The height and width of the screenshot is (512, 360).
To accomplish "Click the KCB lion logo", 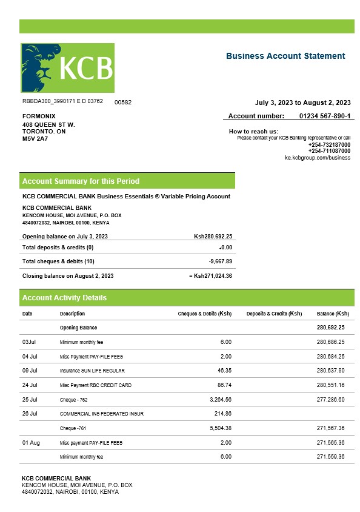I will [x=67, y=68].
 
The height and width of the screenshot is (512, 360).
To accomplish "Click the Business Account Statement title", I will [x=285, y=56].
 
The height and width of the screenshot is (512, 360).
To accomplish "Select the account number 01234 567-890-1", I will [x=325, y=116].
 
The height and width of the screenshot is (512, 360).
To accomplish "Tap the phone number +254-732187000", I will [x=329, y=145].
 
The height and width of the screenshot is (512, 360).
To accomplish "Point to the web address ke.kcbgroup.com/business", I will [x=318, y=158].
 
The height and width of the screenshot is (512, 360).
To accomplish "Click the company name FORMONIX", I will [x=39, y=116].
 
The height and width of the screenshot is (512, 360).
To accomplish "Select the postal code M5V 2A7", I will [x=35, y=139].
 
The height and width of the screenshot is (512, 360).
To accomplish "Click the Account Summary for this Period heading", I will [x=81, y=181].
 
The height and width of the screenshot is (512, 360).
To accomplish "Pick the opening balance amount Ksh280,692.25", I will [x=213, y=237].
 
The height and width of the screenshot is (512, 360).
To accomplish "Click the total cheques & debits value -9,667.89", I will [x=220, y=261].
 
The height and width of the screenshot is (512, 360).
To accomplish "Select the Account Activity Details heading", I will [x=64, y=298].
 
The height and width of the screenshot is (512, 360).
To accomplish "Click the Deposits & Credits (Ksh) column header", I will [x=274, y=314].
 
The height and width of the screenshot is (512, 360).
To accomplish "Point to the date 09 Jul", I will [x=30, y=371].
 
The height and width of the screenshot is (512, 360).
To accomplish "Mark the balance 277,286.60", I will [x=330, y=400].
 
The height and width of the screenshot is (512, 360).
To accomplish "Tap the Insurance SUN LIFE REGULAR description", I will [x=90, y=371].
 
